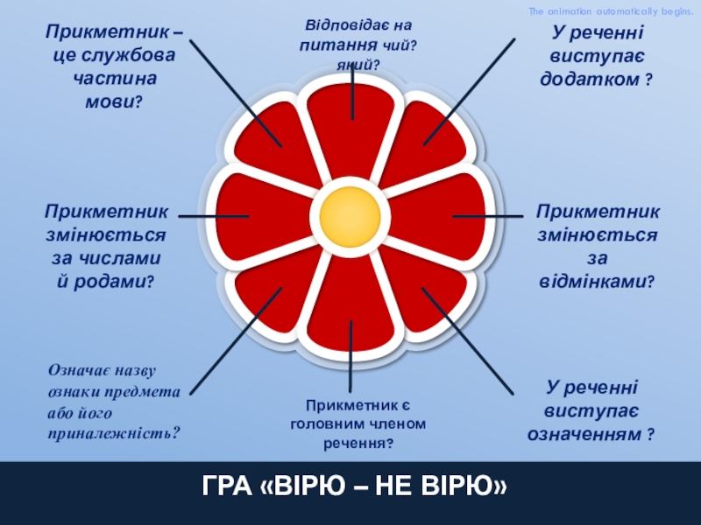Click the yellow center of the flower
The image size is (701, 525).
tap(350, 215)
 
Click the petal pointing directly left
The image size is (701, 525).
tap(247, 215)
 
